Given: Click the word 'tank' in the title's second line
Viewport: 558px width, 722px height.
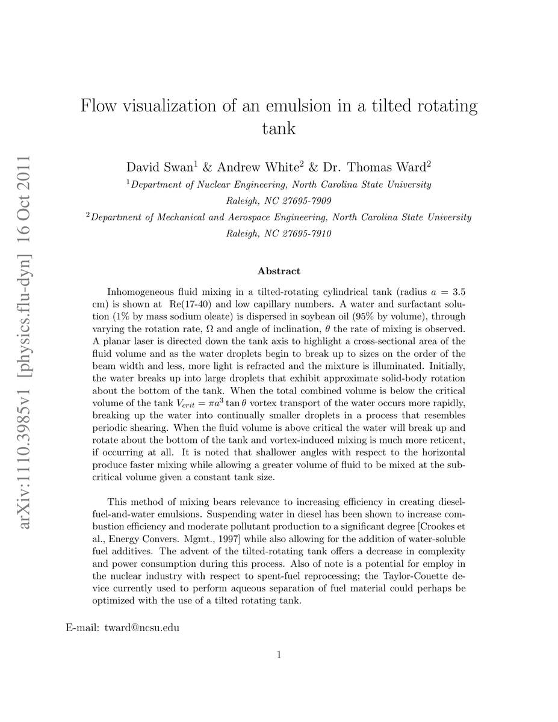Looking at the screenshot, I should [x=279, y=128].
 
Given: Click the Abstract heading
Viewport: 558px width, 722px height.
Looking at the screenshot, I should [x=279, y=271].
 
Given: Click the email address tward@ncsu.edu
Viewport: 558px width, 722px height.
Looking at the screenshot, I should [x=142, y=629].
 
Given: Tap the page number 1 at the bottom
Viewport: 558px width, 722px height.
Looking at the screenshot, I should [x=279, y=655].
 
